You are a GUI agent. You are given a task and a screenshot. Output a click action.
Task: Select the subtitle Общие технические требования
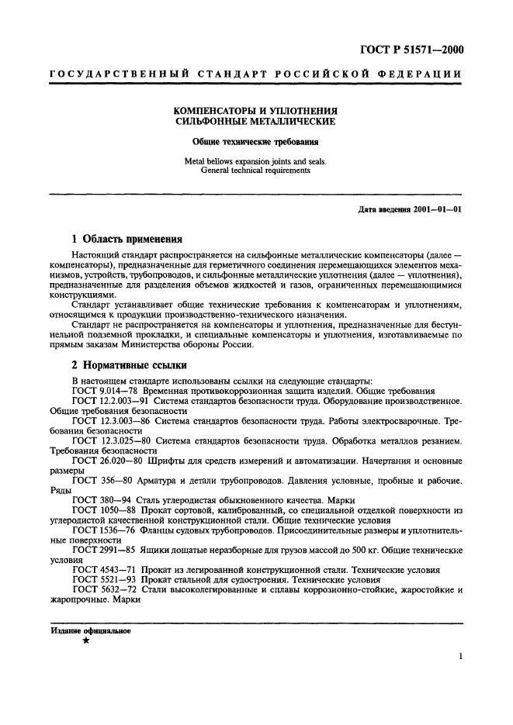(x=255, y=142)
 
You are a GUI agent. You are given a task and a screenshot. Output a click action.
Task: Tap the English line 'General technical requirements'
(x=255, y=171)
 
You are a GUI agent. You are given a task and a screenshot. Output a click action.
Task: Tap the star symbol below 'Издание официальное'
(x=85, y=640)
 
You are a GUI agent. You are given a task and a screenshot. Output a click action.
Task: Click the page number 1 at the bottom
(x=461, y=656)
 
